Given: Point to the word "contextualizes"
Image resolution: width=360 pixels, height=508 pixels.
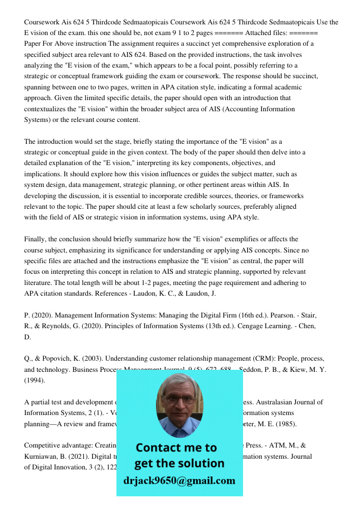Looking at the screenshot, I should click(47, 109).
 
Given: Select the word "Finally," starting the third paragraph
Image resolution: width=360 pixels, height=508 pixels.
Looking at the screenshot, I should click(36, 239).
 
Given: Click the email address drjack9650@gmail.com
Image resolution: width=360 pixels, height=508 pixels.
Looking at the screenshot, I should click(179, 481).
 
